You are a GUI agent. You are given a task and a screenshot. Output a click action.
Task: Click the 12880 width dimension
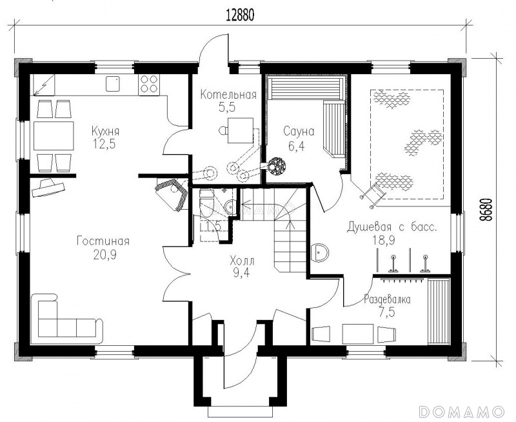(240, 15)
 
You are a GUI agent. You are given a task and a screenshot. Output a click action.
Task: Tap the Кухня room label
(105, 132)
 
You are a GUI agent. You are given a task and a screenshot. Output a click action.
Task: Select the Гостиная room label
(103, 241)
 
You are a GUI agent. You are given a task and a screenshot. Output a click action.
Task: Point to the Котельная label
(228, 95)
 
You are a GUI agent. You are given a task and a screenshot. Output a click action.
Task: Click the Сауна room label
(299, 132)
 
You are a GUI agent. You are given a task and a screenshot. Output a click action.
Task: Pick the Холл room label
(242, 262)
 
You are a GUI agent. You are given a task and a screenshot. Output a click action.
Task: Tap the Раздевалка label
(387, 299)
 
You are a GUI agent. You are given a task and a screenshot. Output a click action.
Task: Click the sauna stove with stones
(277, 166)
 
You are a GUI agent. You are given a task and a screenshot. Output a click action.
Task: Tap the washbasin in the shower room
(319, 252)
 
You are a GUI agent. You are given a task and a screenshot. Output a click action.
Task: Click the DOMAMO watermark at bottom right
(462, 411)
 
